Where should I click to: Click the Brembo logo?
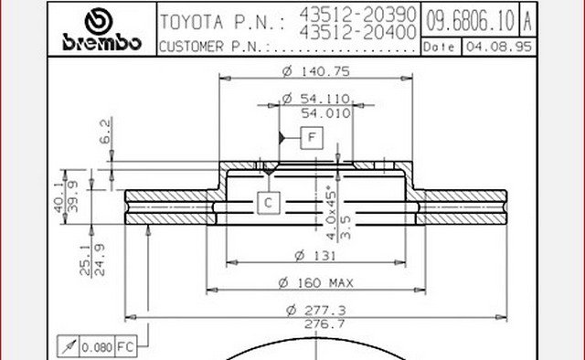pyautogui.click(x=101, y=29)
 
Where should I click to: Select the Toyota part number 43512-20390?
pyautogui.click(x=357, y=15)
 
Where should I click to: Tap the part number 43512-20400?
pyautogui.click(x=357, y=33)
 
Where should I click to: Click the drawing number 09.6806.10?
pyautogui.click(x=470, y=20)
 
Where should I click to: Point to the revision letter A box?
pyautogui.click(x=527, y=20)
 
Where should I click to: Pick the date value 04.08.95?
pyautogui.click(x=499, y=47)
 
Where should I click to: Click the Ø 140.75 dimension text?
pyautogui.click(x=316, y=71)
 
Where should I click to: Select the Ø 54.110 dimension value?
pyautogui.click(x=316, y=99)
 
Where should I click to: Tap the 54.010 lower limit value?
pyautogui.click(x=325, y=113)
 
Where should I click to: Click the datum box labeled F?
pyautogui.click(x=312, y=138)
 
